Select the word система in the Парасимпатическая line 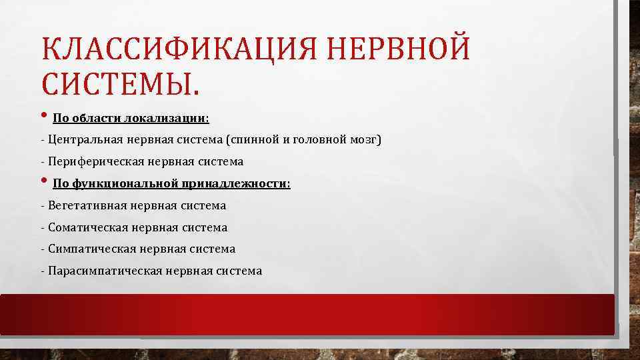(239, 271)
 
